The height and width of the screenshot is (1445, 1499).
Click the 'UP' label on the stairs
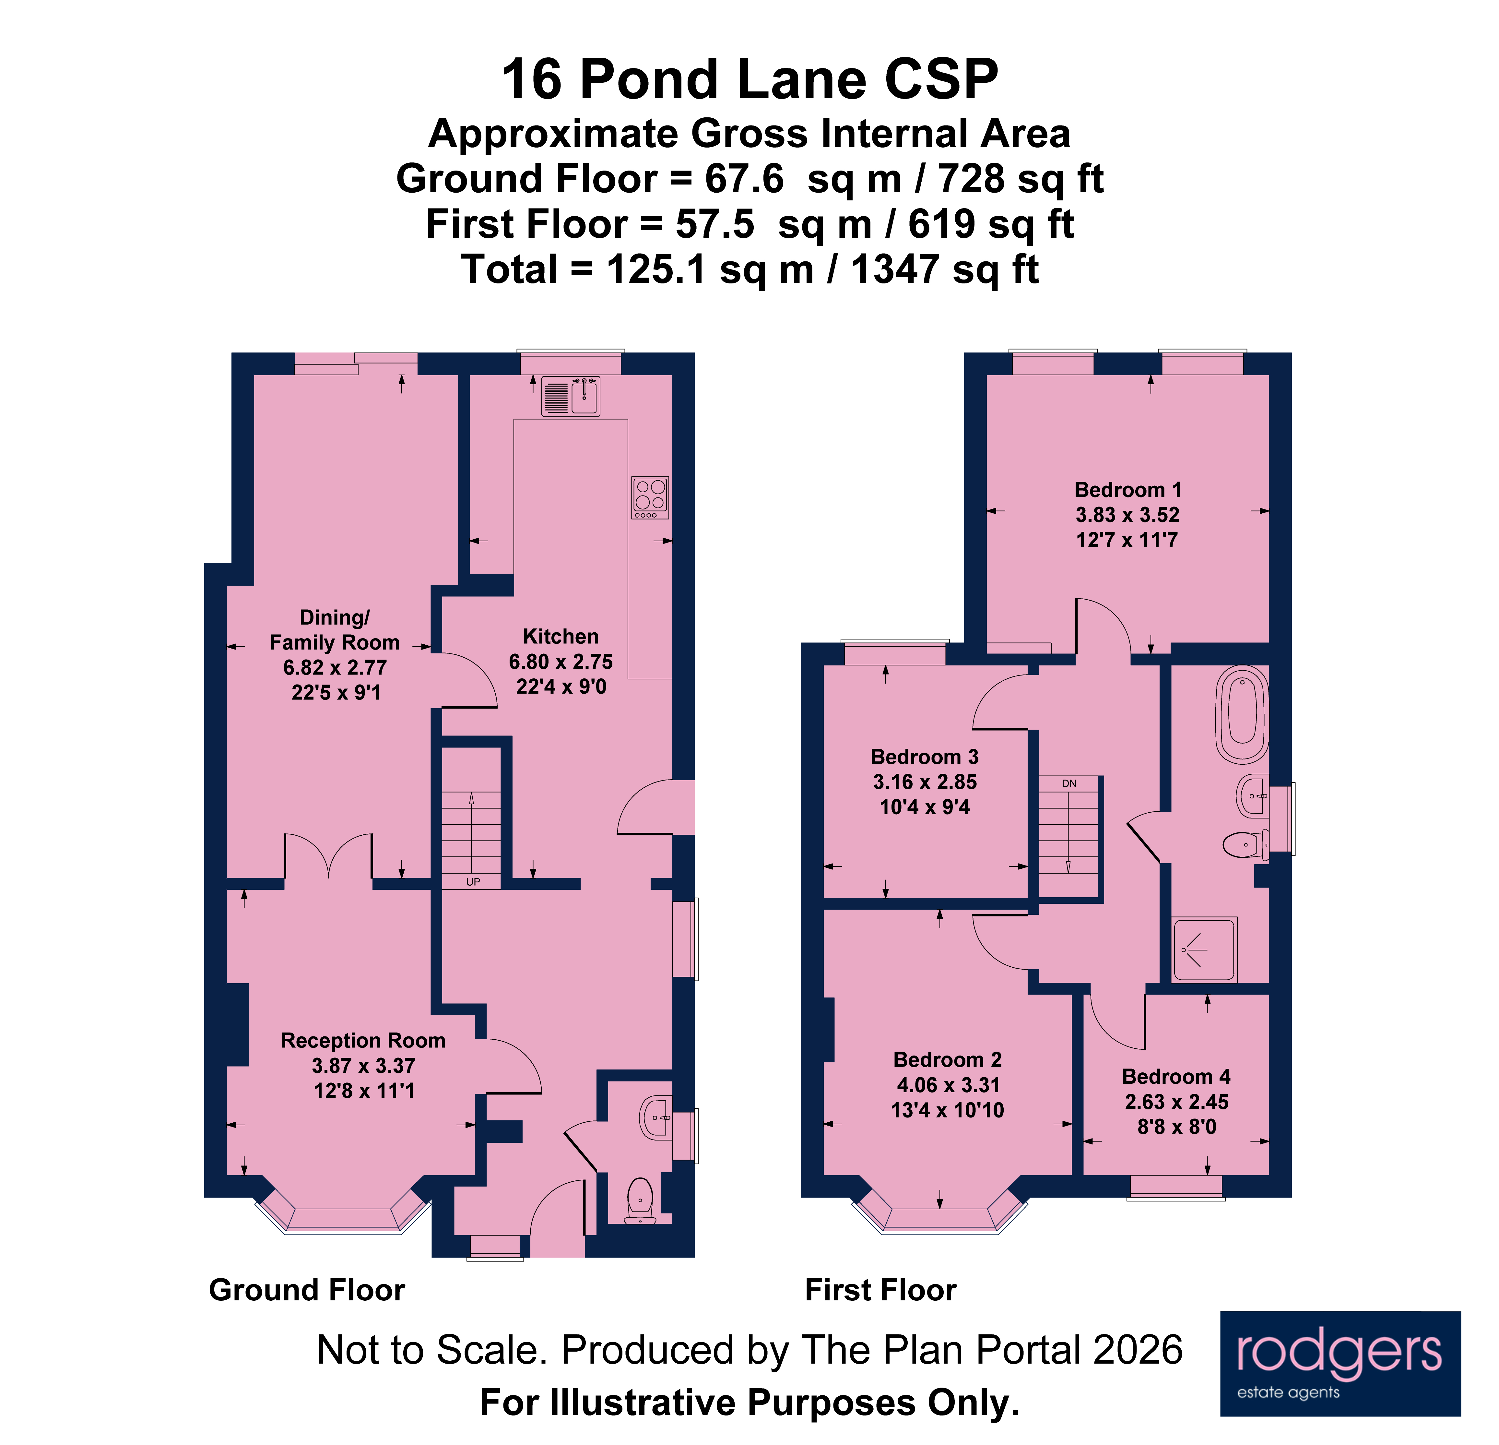tap(473, 882)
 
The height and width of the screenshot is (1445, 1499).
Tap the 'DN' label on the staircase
tap(1068, 783)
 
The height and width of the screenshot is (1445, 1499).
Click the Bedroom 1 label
tap(1127, 490)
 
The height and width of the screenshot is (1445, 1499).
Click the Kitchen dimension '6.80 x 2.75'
tap(561, 662)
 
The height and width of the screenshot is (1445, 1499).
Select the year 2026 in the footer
tap(1138, 1350)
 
